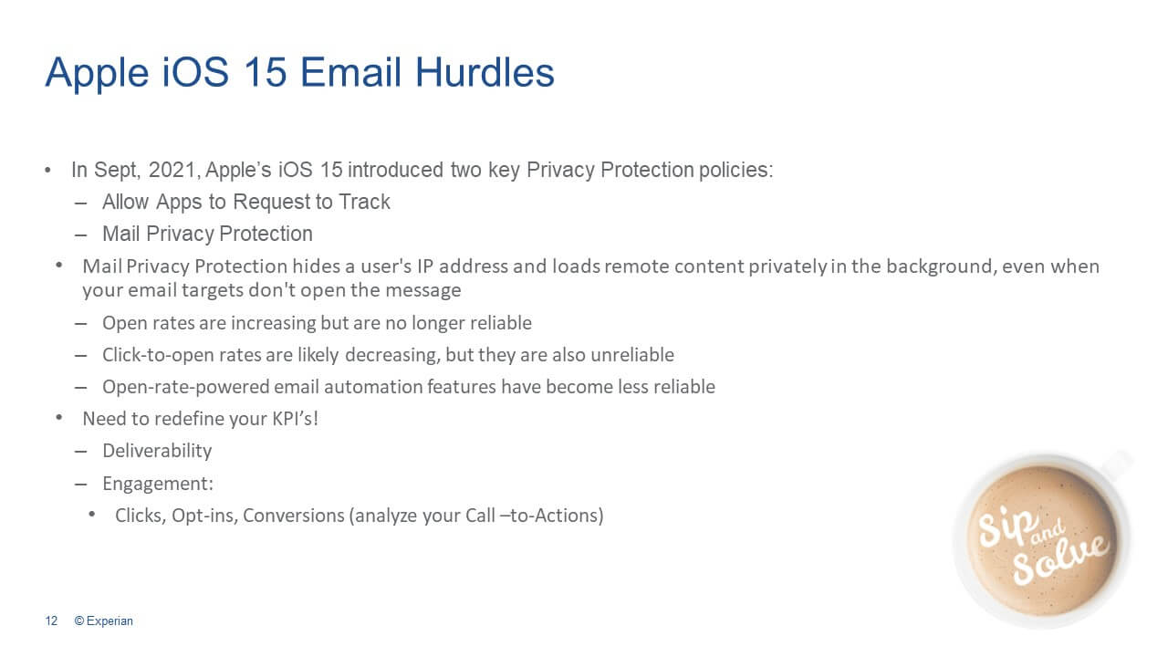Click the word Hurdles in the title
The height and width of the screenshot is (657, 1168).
point(485,72)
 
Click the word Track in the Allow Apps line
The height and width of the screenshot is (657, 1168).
point(364,202)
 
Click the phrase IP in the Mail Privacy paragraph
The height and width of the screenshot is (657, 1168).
point(425,266)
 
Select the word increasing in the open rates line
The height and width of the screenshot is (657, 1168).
point(273,323)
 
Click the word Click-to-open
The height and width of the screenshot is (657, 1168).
point(159,355)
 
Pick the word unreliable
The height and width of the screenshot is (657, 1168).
point(632,355)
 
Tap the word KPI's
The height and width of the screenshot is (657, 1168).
point(295,419)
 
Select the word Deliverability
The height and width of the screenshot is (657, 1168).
point(157,451)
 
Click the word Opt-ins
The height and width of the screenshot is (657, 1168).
point(205,516)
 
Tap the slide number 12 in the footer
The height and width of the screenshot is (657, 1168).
point(51,620)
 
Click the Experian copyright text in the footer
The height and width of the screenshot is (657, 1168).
point(103,620)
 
